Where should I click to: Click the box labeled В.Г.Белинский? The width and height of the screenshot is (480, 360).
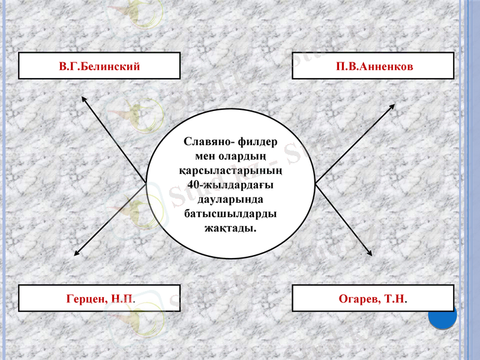coord(99,66)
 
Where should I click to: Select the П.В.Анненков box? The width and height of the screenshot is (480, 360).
coord(373,66)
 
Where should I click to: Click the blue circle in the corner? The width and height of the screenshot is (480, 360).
coord(443,315)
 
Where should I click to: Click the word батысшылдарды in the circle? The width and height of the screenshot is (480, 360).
coord(230,214)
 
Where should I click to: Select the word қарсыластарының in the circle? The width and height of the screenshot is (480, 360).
coord(231,171)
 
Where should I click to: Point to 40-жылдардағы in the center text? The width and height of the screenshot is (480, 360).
coord(231,185)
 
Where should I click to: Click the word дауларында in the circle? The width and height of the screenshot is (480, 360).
coord(230,200)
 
